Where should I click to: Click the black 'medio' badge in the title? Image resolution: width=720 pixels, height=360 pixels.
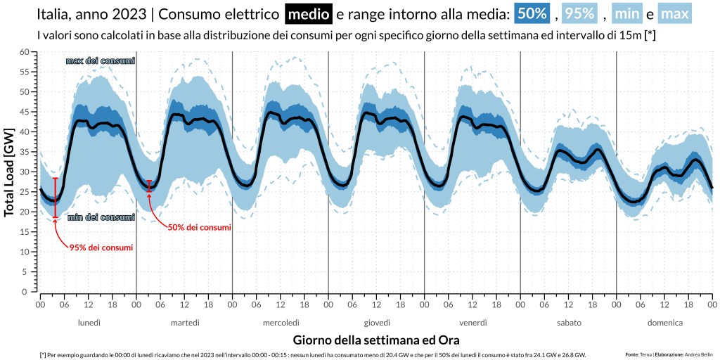(308, 13)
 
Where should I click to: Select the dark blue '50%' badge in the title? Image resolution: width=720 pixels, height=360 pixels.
(532, 13)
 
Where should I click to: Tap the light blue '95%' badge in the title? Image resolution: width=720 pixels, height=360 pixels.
(578, 13)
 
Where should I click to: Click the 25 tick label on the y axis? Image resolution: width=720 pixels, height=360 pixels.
(24, 192)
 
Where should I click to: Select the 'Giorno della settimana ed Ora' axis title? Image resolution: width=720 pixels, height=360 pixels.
(376, 340)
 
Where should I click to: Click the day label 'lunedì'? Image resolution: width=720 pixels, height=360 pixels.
(89, 323)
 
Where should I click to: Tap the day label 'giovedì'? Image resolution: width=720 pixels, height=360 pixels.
(377, 323)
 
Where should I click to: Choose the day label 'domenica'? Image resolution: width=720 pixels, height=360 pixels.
(664, 323)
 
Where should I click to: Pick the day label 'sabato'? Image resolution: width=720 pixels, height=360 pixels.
(568, 323)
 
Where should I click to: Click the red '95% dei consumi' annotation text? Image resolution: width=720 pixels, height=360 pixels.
(101, 247)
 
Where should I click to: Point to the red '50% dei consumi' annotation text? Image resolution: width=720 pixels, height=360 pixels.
(199, 227)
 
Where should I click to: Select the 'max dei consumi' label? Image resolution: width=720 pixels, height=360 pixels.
(100, 61)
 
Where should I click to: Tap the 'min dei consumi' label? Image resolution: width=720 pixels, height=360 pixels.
(101, 217)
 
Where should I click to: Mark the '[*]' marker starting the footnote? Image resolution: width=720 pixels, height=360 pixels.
(43, 355)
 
